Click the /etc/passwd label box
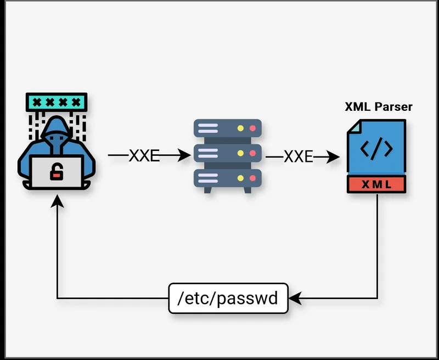click(x=228, y=299)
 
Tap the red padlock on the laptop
click(x=56, y=174)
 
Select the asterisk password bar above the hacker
click(x=57, y=102)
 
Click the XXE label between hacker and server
click(x=144, y=156)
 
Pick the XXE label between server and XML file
click(x=298, y=157)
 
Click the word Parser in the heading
click(x=393, y=106)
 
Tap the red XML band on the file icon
click(x=376, y=184)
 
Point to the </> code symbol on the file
click(x=376, y=149)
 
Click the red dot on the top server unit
click(x=253, y=128)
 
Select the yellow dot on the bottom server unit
click(x=240, y=177)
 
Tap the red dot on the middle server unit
click(x=253, y=153)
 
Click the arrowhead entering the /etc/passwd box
click(x=295, y=299)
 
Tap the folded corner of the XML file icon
click(x=352, y=126)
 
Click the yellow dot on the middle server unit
click(x=240, y=153)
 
